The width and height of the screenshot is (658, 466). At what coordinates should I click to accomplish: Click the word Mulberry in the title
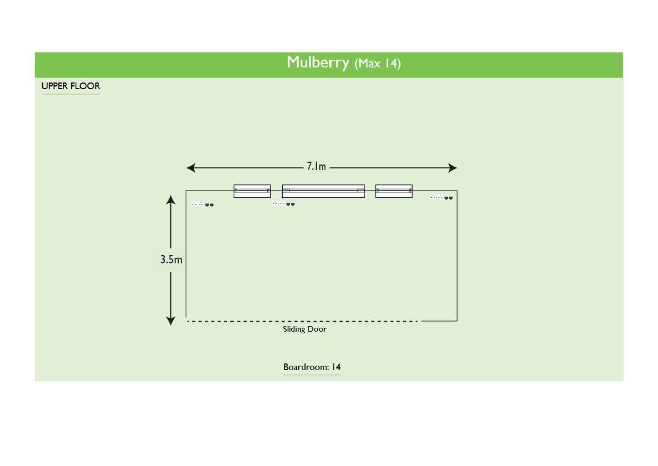pyautogui.click(x=318, y=62)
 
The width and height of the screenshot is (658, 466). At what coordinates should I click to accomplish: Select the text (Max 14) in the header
pyautogui.click(x=377, y=64)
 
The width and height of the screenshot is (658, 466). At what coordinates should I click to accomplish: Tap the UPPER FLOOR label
pyautogui.click(x=71, y=86)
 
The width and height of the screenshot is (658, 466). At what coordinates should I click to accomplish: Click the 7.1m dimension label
pyautogui.click(x=316, y=167)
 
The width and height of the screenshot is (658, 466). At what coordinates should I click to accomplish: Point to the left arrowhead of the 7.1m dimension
pyautogui.click(x=191, y=168)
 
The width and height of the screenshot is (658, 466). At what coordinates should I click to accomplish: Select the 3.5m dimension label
pyautogui.click(x=171, y=259)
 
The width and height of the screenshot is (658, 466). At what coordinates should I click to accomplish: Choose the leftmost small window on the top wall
pyautogui.click(x=252, y=191)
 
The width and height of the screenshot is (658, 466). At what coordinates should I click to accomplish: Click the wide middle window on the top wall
pyautogui.click(x=323, y=191)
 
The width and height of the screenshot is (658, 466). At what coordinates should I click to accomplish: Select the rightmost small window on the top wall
pyautogui.click(x=394, y=191)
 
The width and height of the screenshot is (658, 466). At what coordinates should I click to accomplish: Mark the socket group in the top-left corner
pyautogui.click(x=202, y=204)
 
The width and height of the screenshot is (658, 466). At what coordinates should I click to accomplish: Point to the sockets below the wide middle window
pyautogui.click(x=283, y=203)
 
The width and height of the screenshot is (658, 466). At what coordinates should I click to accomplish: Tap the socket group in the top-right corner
pyautogui.click(x=441, y=197)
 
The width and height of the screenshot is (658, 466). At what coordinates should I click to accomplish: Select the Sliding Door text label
pyautogui.click(x=305, y=329)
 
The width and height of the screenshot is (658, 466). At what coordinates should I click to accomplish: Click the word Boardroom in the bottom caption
pyautogui.click(x=306, y=367)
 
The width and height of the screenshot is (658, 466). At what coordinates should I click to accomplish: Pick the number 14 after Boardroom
pyautogui.click(x=336, y=367)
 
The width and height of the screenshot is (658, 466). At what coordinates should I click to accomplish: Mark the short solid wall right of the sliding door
pyautogui.click(x=439, y=321)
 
